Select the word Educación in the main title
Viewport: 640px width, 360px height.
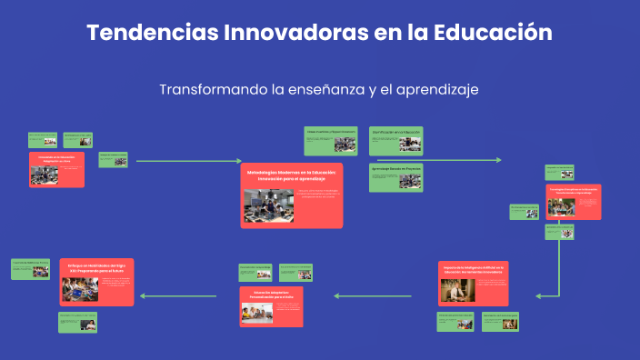[491, 33]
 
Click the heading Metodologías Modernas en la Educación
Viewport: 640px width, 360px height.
[291, 175]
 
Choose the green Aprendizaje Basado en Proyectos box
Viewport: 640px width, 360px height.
[395, 177]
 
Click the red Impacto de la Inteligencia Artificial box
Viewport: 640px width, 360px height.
[472, 283]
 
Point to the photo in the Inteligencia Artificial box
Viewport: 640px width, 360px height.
[454, 290]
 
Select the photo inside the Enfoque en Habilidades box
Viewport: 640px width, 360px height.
[80, 289]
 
